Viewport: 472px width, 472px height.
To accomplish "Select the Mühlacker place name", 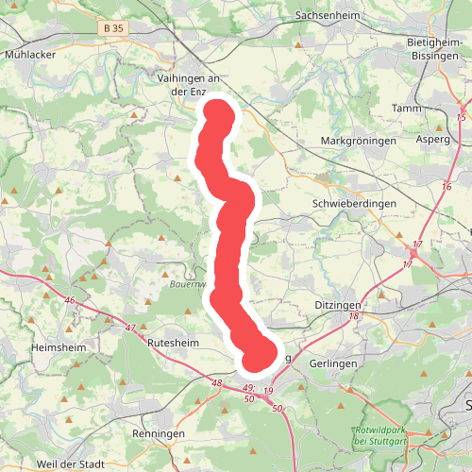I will click(30, 54).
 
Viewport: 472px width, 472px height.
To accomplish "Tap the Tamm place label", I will click(407, 109).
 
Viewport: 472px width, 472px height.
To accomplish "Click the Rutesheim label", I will click(172, 344).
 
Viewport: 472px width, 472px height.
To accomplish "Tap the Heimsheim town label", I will click(58, 347).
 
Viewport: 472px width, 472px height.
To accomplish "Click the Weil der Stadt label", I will click(71, 465).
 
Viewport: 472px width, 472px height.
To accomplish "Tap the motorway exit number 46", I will click(69, 300).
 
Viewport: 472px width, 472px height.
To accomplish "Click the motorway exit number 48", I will click(217, 383).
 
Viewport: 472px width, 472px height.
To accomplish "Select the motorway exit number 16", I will click(447, 188).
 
